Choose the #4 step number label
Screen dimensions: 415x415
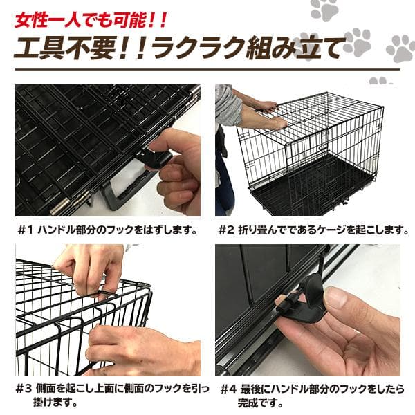click(x=229, y=389)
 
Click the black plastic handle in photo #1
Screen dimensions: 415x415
click(x=128, y=190)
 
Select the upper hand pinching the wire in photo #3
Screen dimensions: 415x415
click(x=90, y=266)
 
